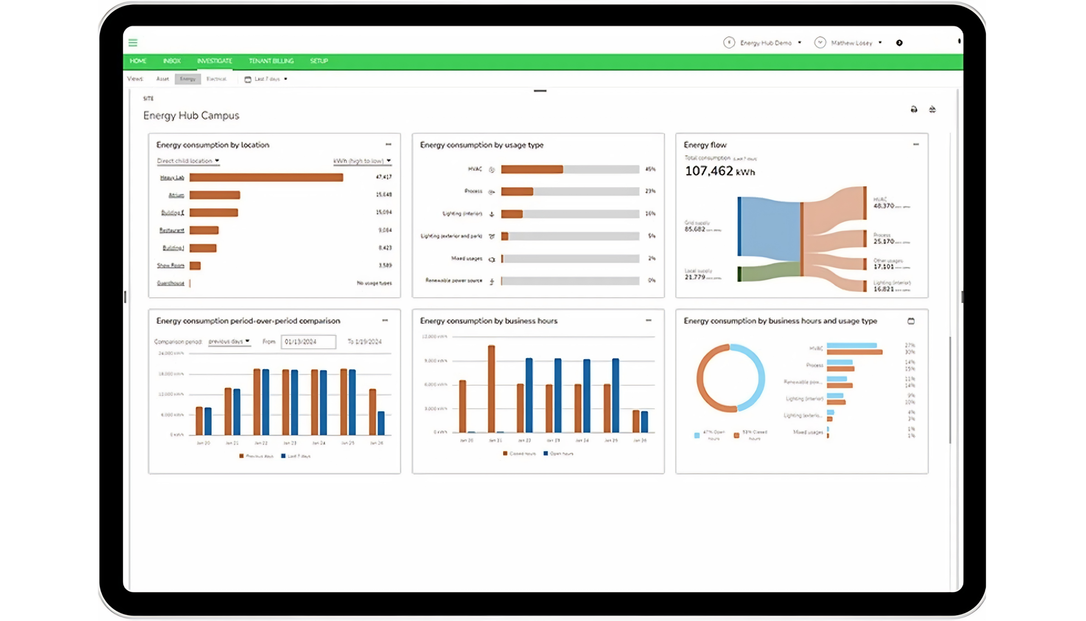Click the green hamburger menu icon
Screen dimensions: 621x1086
[133, 43]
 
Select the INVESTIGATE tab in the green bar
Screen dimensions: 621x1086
[214, 61]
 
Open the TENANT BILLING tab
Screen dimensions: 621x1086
[271, 61]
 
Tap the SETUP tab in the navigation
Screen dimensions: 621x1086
[319, 61]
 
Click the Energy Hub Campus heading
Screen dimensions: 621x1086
[191, 115]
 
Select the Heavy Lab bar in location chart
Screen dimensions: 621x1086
[266, 177]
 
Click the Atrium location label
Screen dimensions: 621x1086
[176, 196]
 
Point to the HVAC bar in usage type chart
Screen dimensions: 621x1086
[532, 169]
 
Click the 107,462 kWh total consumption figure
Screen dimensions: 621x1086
[719, 171]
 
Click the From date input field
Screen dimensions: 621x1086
[308, 341]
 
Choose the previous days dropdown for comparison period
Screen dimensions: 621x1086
[229, 341]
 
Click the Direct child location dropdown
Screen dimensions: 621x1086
[188, 161]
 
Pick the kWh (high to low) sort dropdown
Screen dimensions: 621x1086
[362, 161]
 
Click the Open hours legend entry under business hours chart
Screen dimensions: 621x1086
[558, 453]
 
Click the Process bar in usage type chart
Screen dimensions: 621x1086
[517, 191]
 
